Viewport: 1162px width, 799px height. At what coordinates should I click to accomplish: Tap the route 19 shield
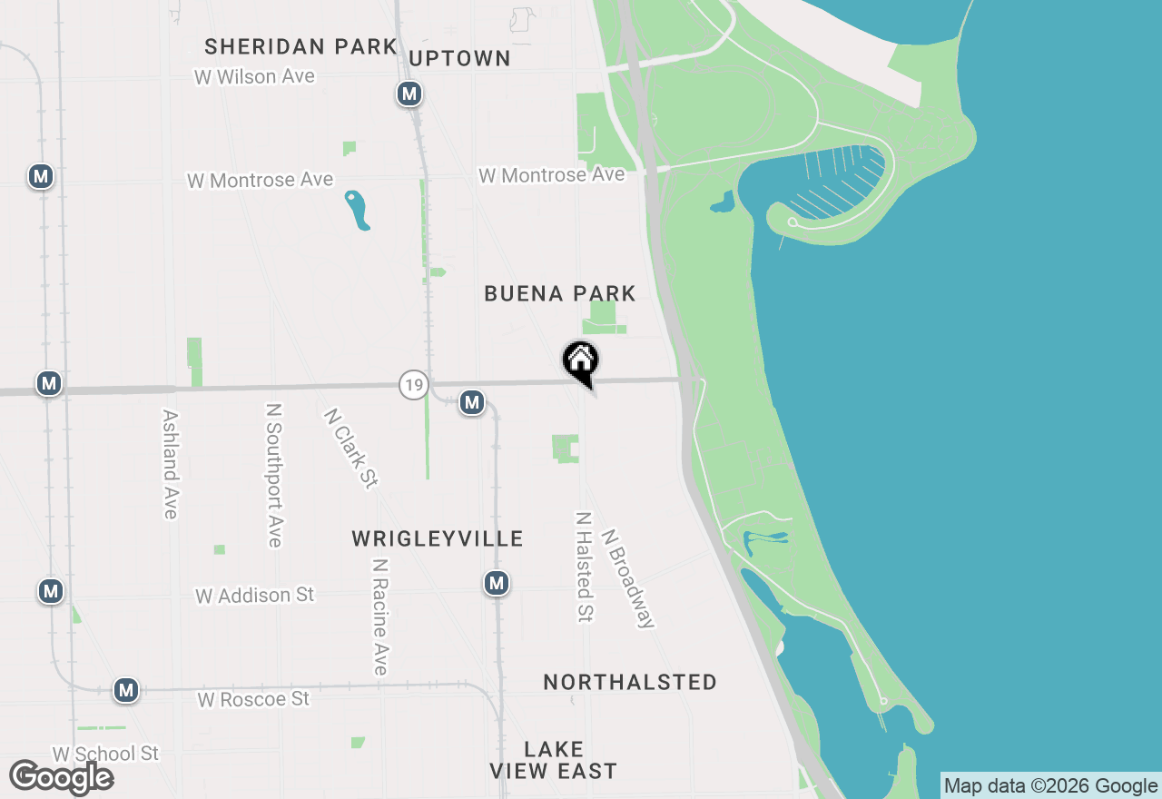coord(413,384)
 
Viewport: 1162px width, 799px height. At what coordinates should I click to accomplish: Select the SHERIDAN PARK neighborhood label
coord(300,46)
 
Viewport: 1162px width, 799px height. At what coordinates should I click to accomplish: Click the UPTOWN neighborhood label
coord(460,59)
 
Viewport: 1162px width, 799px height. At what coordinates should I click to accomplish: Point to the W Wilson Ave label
coord(254,77)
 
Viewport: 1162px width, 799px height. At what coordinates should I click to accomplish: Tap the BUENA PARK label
coord(560,293)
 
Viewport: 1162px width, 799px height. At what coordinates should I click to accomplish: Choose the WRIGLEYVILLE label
coord(438,539)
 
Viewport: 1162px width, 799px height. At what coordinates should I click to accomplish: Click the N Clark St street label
coord(350,448)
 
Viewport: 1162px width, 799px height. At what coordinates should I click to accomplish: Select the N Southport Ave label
coord(273,476)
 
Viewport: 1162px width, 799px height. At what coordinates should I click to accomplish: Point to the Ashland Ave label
coord(170,464)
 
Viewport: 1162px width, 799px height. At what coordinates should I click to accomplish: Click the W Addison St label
coord(255,596)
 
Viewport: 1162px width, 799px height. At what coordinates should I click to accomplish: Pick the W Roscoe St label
coord(253,699)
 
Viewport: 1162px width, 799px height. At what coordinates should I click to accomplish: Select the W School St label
coord(105,754)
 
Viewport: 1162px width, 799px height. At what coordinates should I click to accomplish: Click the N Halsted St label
coord(584,567)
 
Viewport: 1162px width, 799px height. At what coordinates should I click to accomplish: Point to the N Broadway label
coord(628,578)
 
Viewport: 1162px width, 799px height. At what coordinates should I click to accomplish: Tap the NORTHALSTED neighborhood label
coord(630,682)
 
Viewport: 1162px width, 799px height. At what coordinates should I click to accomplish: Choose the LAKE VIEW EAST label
coord(553,761)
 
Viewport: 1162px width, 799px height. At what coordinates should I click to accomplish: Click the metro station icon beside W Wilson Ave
coord(409,94)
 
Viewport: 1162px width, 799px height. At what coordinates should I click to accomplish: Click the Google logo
coord(62,777)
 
